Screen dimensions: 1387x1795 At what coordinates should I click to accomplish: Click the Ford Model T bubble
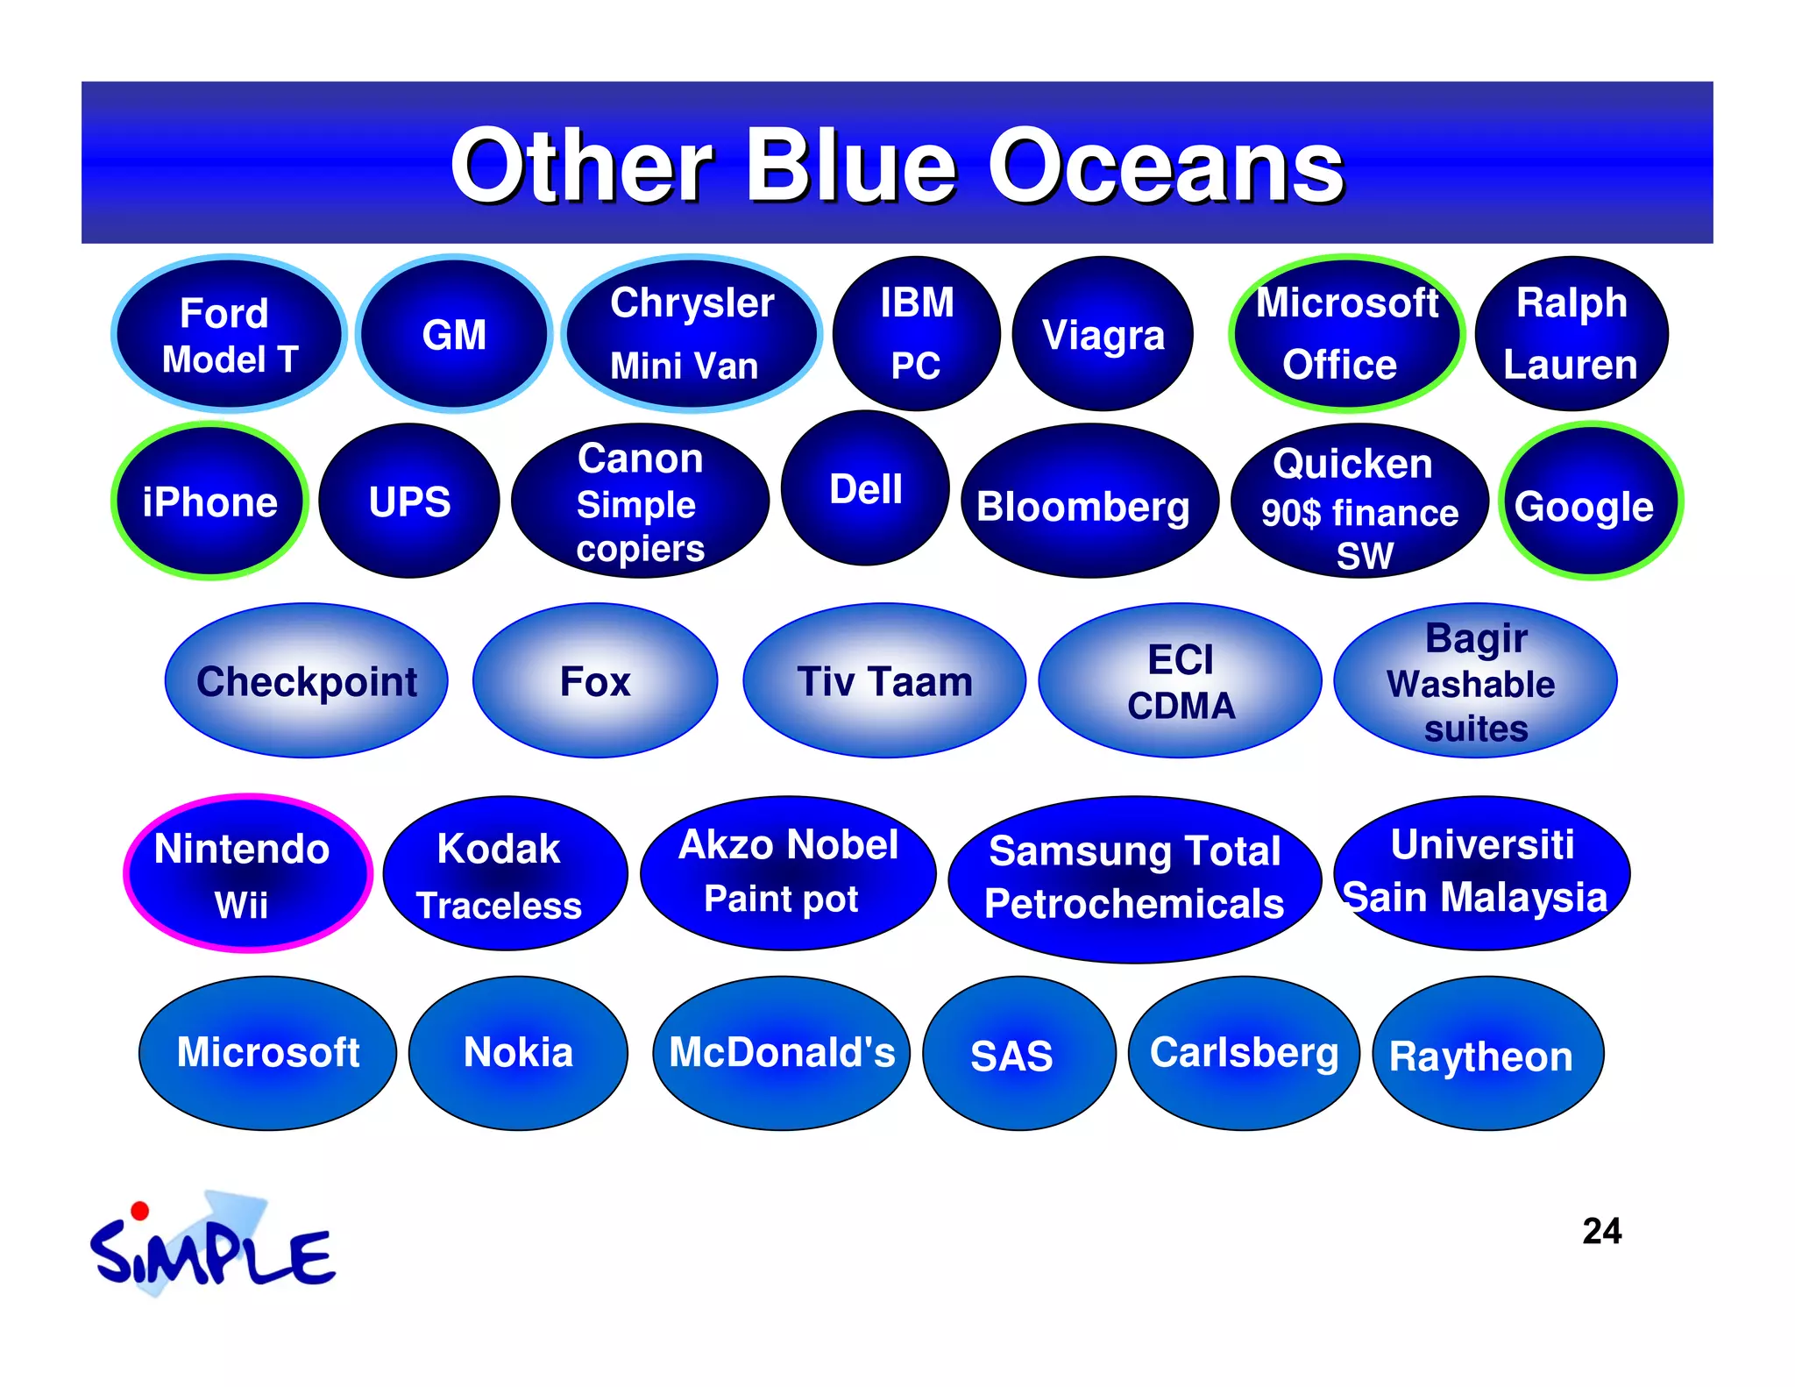click(x=229, y=334)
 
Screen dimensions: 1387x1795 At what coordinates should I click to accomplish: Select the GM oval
click(x=454, y=334)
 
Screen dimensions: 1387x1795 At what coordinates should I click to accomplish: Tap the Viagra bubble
click(x=1103, y=334)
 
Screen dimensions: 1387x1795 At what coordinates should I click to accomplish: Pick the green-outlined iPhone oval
click(x=210, y=501)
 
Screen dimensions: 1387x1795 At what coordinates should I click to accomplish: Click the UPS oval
click(x=409, y=501)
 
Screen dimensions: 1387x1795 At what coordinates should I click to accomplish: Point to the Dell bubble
click(x=865, y=488)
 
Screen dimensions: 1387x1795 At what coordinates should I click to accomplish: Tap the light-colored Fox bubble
click(x=595, y=681)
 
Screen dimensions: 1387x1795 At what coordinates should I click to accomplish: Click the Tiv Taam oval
click(x=884, y=681)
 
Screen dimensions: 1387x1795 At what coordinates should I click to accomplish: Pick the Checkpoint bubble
click(x=307, y=681)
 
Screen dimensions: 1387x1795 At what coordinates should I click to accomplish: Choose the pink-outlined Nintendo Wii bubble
click(x=248, y=873)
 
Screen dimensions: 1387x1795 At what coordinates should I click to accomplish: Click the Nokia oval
click(x=518, y=1053)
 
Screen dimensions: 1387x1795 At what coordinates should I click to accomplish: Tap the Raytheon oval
click(x=1487, y=1054)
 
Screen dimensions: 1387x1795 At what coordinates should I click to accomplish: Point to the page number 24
click(x=1601, y=1231)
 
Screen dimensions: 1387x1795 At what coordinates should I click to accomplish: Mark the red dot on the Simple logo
click(x=139, y=1212)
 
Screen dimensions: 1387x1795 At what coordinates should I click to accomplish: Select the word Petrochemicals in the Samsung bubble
click(x=1134, y=903)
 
